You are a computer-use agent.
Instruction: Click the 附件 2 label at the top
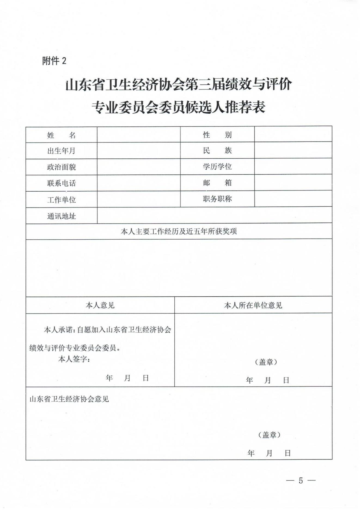point(54,61)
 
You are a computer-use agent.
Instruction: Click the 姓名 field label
point(62,135)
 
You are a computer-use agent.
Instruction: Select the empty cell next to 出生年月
point(139,151)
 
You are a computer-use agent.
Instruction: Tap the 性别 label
point(217,134)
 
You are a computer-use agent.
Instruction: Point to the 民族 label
point(217,150)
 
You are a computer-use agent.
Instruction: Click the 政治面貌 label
point(62,167)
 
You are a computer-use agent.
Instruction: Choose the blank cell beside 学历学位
point(293,166)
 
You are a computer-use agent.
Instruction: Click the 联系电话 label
point(62,183)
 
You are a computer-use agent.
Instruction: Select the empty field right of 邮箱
point(293,183)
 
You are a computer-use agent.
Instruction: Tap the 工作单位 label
point(62,200)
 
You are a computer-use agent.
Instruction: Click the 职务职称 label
point(217,199)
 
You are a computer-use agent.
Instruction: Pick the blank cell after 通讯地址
point(214,216)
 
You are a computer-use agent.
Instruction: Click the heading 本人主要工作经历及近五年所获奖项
point(179,231)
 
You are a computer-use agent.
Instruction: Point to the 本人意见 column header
point(100,305)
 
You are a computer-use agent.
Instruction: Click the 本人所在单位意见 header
point(253,305)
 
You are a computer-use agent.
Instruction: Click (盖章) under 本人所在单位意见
point(266,362)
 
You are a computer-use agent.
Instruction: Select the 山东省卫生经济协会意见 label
point(69,399)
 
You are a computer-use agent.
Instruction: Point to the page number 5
point(301,481)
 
